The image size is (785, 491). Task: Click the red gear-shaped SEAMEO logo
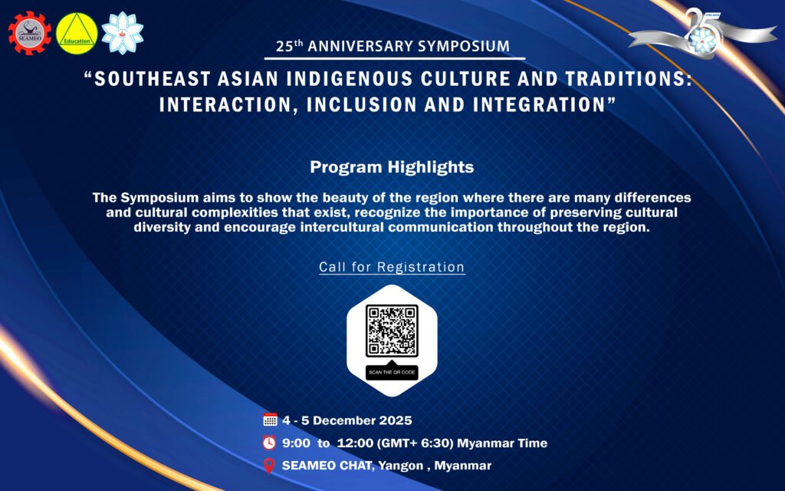pyautogui.click(x=30, y=33)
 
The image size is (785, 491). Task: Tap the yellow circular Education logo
pyautogui.click(x=77, y=34)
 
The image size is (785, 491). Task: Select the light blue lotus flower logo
pyautogui.click(x=122, y=33)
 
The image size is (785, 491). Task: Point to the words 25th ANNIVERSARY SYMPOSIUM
pyautogui.click(x=393, y=46)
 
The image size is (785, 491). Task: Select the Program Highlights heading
pyautogui.click(x=392, y=166)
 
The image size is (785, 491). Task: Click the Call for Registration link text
pyautogui.click(x=392, y=267)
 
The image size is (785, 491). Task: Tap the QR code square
pyautogui.click(x=392, y=331)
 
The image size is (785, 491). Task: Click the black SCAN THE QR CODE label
pyautogui.click(x=392, y=372)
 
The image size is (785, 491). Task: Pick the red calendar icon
pyautogui.click(x=270, y=420)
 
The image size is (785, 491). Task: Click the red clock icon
pyautogui.click(x=269, y=443)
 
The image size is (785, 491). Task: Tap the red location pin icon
pyautogui.click(x=269, y=466)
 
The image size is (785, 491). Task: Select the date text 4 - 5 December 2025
pyautogui.click(x=347, y=420)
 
